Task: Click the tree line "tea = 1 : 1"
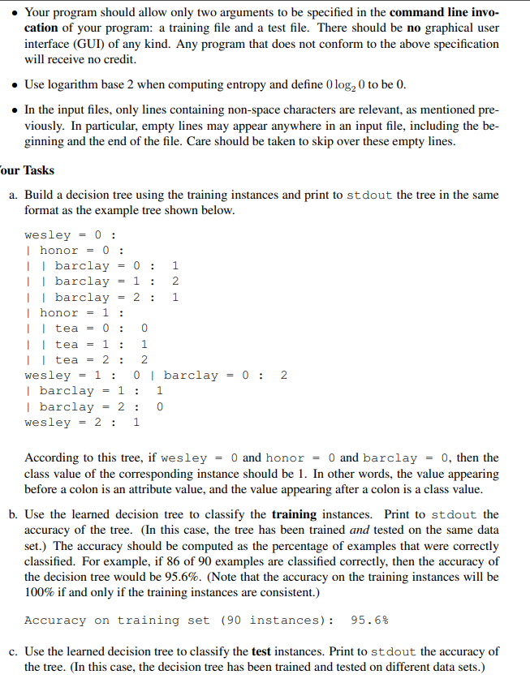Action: [x=101, y=344]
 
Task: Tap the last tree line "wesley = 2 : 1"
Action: [x=82, y=422]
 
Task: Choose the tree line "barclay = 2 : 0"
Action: [x=101, y=406]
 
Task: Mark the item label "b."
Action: [x=14, y=514]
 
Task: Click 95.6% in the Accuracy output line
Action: [x=368, y=621]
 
